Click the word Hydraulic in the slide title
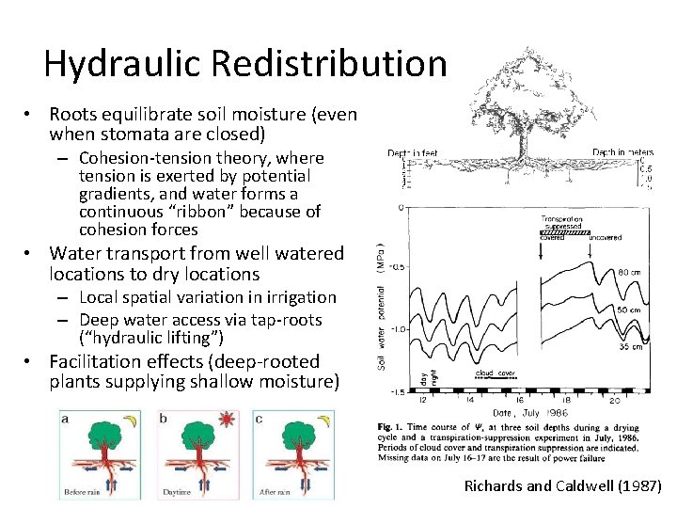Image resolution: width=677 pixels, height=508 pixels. coord(124,64)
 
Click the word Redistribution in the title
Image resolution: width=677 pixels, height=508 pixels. coord(329,64)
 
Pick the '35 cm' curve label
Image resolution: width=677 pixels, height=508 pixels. coord(630,347)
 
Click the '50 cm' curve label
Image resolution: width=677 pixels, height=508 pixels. coord(630,310)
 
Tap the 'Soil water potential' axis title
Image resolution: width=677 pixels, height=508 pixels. coord(383,301)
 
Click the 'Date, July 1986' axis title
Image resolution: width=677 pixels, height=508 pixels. coord(529,413)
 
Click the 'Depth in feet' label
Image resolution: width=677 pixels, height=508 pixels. coord(412,152)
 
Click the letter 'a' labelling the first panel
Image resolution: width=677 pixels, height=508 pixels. coord(64,417)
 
